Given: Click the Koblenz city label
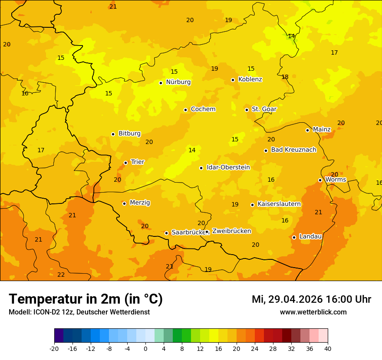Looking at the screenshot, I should click(x=250, y=79).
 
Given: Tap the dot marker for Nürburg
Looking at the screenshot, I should click(x=161, y=83).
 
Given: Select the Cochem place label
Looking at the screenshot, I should click(x=203, y=109).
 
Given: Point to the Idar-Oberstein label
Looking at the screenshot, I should click(x=228, y=167).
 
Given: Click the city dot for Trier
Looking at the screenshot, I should click(x=126, y=163).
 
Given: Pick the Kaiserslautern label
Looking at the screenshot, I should click(x=279, y=204).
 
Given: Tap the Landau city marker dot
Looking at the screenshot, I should click(x=294, y=237).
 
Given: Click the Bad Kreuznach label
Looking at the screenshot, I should click(x=293, y=150).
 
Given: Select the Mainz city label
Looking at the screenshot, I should click(x=322, y=130).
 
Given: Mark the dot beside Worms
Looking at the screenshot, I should click(x=320, y=180).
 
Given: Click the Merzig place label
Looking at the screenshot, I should click(x=140, y=203).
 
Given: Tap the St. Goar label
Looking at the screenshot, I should click(x=264, y=109).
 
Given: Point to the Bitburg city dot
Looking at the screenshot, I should click(x=113, y=134).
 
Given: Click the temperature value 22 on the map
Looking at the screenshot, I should click(x=61, y=275).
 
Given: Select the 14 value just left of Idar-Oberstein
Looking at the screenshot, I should click(x=192, y=150).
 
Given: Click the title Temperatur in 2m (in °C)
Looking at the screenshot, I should click(x=86, y=299).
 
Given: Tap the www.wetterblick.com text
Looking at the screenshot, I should click(x=313, y=312).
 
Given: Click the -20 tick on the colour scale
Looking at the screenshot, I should click(x=54, y=348).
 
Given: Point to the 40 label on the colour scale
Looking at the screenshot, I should click(x=328, y=348).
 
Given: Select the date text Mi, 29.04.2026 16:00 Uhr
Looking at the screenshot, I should click(x=311, y=299).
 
